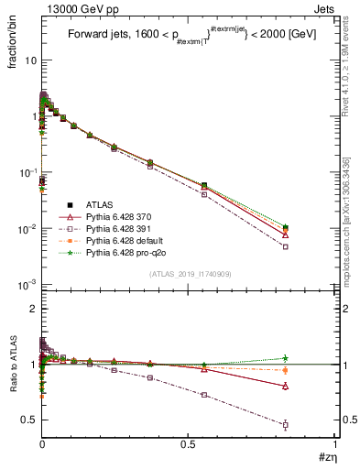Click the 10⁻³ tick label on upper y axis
pos(25,284)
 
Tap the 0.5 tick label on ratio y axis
pos(27,420)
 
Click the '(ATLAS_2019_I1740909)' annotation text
pos(184,274)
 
